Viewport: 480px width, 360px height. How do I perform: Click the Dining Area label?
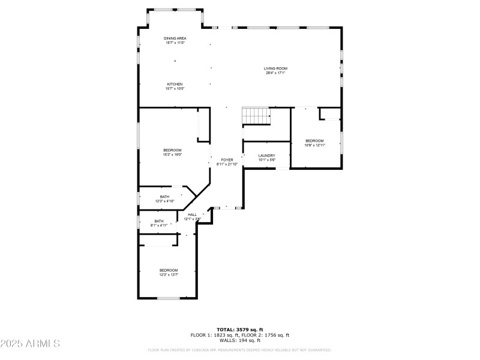coord(175,38)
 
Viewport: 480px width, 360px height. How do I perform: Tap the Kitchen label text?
coord(175,84)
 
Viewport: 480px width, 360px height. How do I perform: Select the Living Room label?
coord(275,68)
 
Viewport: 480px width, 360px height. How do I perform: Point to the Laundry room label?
coord(266,155)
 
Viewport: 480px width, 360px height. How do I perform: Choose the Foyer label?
coord(227,160)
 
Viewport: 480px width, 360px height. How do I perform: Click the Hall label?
coord(192,215)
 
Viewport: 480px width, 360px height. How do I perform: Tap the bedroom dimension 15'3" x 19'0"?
coord(173,155)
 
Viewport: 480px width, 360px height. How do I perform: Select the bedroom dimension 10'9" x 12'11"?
coord(314,145)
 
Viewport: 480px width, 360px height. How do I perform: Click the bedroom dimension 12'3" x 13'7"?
coord(168,275)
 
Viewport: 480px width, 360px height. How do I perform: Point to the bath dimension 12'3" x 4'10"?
coord(164,201)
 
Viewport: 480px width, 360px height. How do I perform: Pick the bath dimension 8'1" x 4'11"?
coord(159,225)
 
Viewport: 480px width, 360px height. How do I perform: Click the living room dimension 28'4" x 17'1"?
coord(275,73)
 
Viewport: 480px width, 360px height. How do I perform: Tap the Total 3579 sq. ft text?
coord(239,330)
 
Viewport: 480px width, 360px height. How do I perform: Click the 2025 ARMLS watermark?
coord(30,344)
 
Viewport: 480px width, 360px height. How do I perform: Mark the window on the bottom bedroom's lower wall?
coord(169,298)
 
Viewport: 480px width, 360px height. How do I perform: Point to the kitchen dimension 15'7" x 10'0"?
coord(175,89)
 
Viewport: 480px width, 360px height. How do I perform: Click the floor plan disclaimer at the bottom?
coord(239,350)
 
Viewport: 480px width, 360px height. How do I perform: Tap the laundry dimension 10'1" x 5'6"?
coord(266,160)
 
